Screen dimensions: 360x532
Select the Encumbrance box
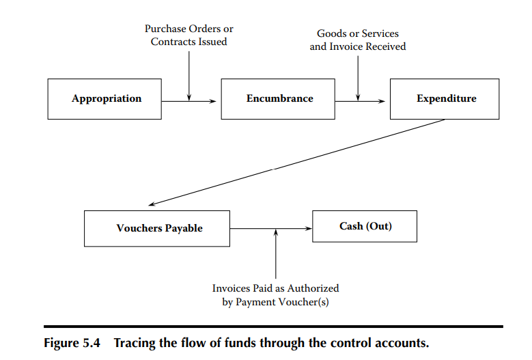click(278, 99)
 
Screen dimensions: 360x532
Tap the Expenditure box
click(445, 99)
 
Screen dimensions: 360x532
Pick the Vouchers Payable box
click(158, 228)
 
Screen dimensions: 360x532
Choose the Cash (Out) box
click(365, 226)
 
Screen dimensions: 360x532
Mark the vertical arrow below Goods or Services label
click(358, 77)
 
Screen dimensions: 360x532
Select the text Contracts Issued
click(188, 42)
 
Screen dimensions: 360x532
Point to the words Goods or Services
click(358, 33)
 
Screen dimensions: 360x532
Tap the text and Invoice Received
click(358, 46)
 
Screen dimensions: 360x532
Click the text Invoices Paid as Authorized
click(275, 288)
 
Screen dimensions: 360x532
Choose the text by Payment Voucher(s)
click(275, 302)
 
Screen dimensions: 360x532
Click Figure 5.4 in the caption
click(72, 343)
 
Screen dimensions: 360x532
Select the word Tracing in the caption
click(136, 343)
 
